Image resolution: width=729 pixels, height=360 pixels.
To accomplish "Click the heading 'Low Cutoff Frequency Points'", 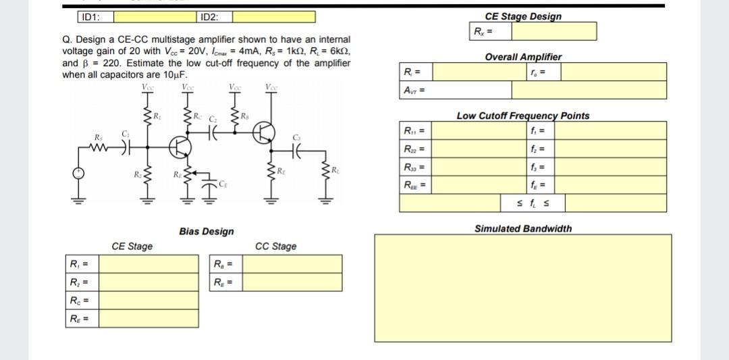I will pyautogui.click(x=522, y=115).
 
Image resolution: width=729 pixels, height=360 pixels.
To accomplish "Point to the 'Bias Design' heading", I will pyautogui.click(x=207, y=232).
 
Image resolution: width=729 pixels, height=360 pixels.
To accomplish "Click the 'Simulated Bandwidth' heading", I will pyautogui.click(x=522, y=228).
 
